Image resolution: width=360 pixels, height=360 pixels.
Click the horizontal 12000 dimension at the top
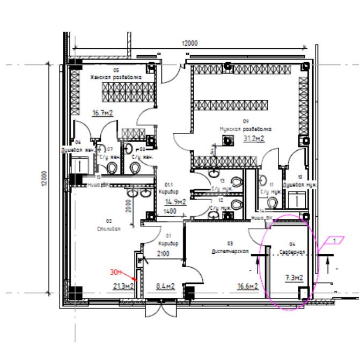tap(189, 43)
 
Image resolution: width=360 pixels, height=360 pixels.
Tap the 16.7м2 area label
tap(102, 113)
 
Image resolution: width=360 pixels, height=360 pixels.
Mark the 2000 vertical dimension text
tap(129, 206)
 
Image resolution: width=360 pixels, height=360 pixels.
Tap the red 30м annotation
tap(116, 273)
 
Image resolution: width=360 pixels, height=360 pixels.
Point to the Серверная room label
tap(292, 251)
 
